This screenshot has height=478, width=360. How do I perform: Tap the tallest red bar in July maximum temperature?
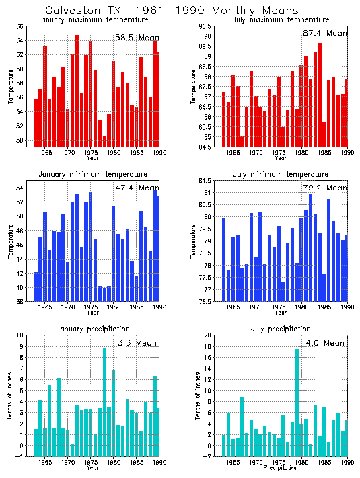tap(320, 94)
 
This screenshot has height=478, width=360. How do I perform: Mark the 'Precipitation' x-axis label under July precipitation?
tap(281, 467)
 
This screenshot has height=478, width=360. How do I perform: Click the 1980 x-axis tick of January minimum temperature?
tap(112, 307)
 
